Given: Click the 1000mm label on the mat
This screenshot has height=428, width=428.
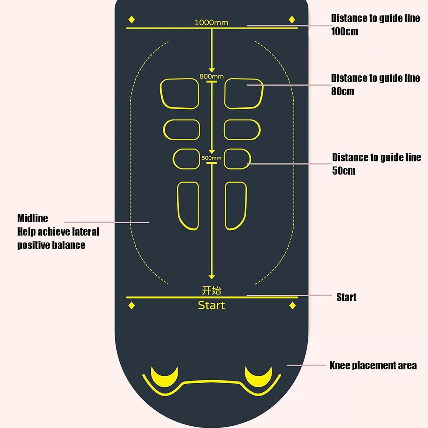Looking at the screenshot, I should coord(211,23).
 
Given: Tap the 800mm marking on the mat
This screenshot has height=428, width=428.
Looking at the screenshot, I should coord(211,76).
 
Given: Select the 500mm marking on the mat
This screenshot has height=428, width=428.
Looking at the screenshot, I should coord(211,158).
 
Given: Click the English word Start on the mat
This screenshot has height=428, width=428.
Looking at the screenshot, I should coord(211,305).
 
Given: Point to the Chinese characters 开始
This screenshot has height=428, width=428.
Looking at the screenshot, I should coord(211,290).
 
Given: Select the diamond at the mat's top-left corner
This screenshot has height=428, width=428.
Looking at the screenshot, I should coord(132,20).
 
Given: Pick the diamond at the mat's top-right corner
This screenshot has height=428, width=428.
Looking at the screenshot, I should coord(292,20).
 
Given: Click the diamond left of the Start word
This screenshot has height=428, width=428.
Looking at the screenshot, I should coord(132,306).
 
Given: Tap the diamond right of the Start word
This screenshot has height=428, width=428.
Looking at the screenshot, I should coord(292,306).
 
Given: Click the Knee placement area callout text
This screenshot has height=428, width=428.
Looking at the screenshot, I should coord(373,366).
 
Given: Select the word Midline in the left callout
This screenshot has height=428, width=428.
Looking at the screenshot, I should coord(33,218).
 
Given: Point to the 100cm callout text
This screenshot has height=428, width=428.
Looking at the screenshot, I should coord(345,31).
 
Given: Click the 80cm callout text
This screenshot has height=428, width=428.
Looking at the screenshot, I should coord(343,91).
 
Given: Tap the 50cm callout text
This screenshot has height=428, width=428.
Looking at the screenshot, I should coord(344,171).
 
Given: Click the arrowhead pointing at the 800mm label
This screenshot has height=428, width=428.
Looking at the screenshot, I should coord(211,70).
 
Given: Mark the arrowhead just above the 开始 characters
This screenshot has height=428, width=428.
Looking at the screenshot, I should coord(211,277).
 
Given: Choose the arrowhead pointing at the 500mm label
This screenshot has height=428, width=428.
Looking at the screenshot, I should coord(211,152).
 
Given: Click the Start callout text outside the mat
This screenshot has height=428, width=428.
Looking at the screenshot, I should coord(346,297).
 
